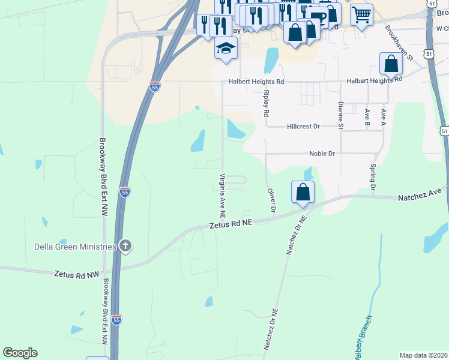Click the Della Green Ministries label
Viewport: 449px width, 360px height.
(58, 247)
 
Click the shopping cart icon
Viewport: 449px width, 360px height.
(361, 14)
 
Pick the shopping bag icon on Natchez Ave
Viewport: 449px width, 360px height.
(303, 193)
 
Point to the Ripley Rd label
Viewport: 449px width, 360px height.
(266, 103)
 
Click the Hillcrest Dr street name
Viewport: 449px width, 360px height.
(304, 127)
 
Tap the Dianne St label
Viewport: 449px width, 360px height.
(340, 115)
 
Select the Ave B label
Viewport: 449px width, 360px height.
(367, 117)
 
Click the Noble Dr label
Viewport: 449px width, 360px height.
(322, 154)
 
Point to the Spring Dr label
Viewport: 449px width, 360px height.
(373, 178)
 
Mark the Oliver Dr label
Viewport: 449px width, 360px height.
(270, 200)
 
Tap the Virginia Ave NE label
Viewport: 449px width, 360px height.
(223, 195)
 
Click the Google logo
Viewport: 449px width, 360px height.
(20, 353)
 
